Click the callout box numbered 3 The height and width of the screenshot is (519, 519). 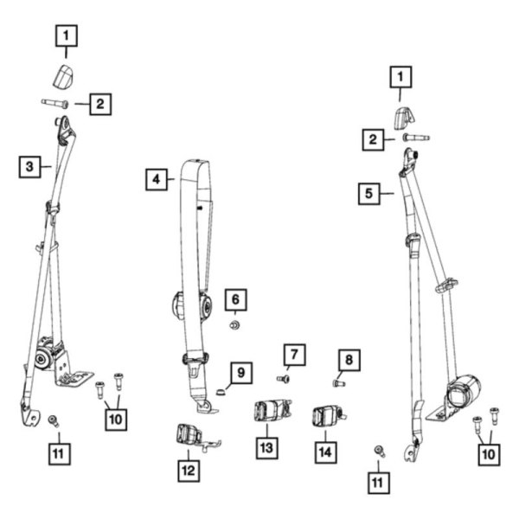[x=29, y=165]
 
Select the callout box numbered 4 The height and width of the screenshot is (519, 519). [x=156, y=180]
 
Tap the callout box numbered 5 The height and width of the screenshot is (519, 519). [x=369, y=193]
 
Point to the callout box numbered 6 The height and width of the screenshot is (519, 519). [x=234, y=301]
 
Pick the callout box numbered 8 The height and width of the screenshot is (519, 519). [x=348, y=359]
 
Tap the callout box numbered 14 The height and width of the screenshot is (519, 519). [x=325, y=451]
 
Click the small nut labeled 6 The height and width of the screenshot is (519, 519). [x=234, y=325]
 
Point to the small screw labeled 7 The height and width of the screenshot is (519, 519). [x=282, y=377]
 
